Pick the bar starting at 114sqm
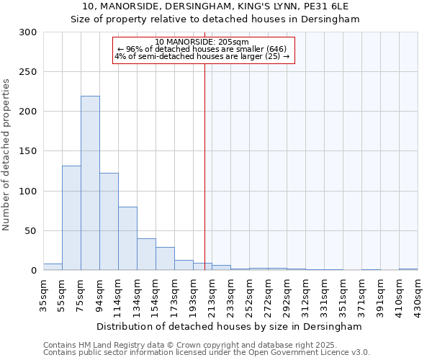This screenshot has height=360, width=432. coord(127,238)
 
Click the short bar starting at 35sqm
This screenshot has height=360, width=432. coord(53,267)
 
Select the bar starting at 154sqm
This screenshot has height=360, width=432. coord(165,258)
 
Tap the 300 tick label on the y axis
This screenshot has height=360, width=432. coord(28,32)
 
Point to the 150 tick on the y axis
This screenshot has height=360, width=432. coord(28,151)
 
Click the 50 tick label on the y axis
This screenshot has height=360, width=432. coord(31,231)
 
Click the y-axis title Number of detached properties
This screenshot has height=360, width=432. coord(6,151)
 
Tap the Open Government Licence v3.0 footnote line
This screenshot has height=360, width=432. coord(207,352)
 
